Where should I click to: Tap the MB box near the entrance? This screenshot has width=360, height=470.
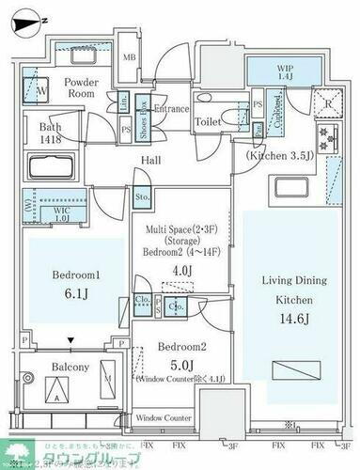click(130, 55)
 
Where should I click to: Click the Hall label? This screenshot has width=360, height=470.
click(150, 162)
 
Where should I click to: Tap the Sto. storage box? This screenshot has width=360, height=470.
click(141, 198)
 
